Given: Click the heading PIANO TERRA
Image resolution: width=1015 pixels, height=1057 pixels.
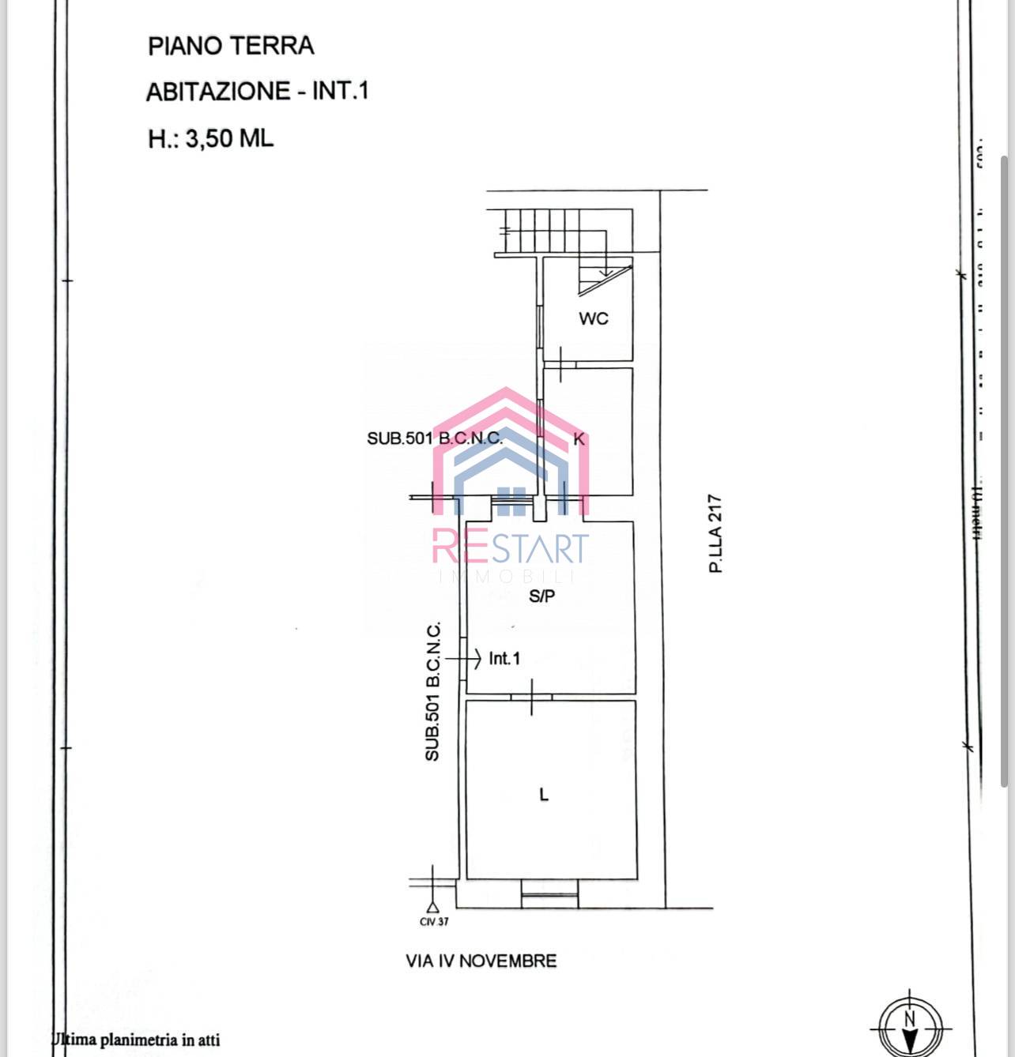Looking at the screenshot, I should coord(231,46).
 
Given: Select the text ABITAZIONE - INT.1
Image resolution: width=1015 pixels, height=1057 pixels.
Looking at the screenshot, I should coord(257,92).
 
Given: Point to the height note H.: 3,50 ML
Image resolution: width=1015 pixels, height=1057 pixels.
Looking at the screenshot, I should coord(210,139).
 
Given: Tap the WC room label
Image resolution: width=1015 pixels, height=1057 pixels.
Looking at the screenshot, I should coord(594,318).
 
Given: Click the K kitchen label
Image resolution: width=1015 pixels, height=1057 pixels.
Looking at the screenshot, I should coord(579,439).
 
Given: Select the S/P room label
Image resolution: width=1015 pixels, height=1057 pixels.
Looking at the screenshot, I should coord(541,596).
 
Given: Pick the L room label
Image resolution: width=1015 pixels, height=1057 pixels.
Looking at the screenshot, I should coord(543,795).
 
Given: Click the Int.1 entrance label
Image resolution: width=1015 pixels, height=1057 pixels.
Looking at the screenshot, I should coord(504,658).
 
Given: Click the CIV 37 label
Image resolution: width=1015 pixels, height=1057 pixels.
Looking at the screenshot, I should coord(434,922).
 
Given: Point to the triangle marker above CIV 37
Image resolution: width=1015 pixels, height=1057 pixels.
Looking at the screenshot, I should coord(432,908).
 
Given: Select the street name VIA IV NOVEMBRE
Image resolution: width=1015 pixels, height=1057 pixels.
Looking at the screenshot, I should coord(481,961).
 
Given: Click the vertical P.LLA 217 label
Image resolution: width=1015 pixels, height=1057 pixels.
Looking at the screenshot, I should coord(716,533).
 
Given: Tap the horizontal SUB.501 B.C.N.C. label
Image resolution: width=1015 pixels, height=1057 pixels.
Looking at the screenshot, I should coord(434,438).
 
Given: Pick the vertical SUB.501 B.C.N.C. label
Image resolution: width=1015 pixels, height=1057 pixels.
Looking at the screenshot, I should coord(432,692).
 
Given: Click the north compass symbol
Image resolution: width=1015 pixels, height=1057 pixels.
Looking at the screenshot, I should coord(909,1025).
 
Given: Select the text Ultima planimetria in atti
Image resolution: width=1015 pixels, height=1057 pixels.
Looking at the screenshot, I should coord(136,1040).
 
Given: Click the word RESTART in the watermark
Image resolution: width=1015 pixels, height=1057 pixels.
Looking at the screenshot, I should coord(511,547).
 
